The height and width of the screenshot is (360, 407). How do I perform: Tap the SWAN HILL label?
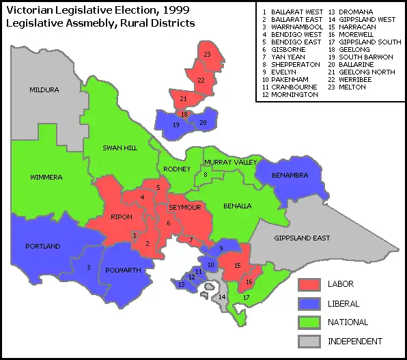121,148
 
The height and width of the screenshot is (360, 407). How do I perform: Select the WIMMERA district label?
46,178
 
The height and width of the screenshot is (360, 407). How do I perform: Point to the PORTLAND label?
42,246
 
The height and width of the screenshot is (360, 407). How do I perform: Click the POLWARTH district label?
124,270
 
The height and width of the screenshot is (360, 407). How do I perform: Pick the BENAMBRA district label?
290,176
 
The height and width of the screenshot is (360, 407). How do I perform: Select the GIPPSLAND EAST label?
302,238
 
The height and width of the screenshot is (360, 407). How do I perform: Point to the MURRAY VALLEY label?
230,162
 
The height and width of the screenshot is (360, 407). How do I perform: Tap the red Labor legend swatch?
310,283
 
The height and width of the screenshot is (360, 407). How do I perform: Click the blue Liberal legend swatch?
310,303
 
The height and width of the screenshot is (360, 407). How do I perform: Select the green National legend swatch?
310,322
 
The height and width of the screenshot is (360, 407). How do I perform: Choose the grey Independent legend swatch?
310,341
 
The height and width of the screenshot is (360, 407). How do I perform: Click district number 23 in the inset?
206,54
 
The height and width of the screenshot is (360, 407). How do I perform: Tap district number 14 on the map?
222,297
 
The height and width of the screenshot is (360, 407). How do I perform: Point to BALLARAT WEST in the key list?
294,12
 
